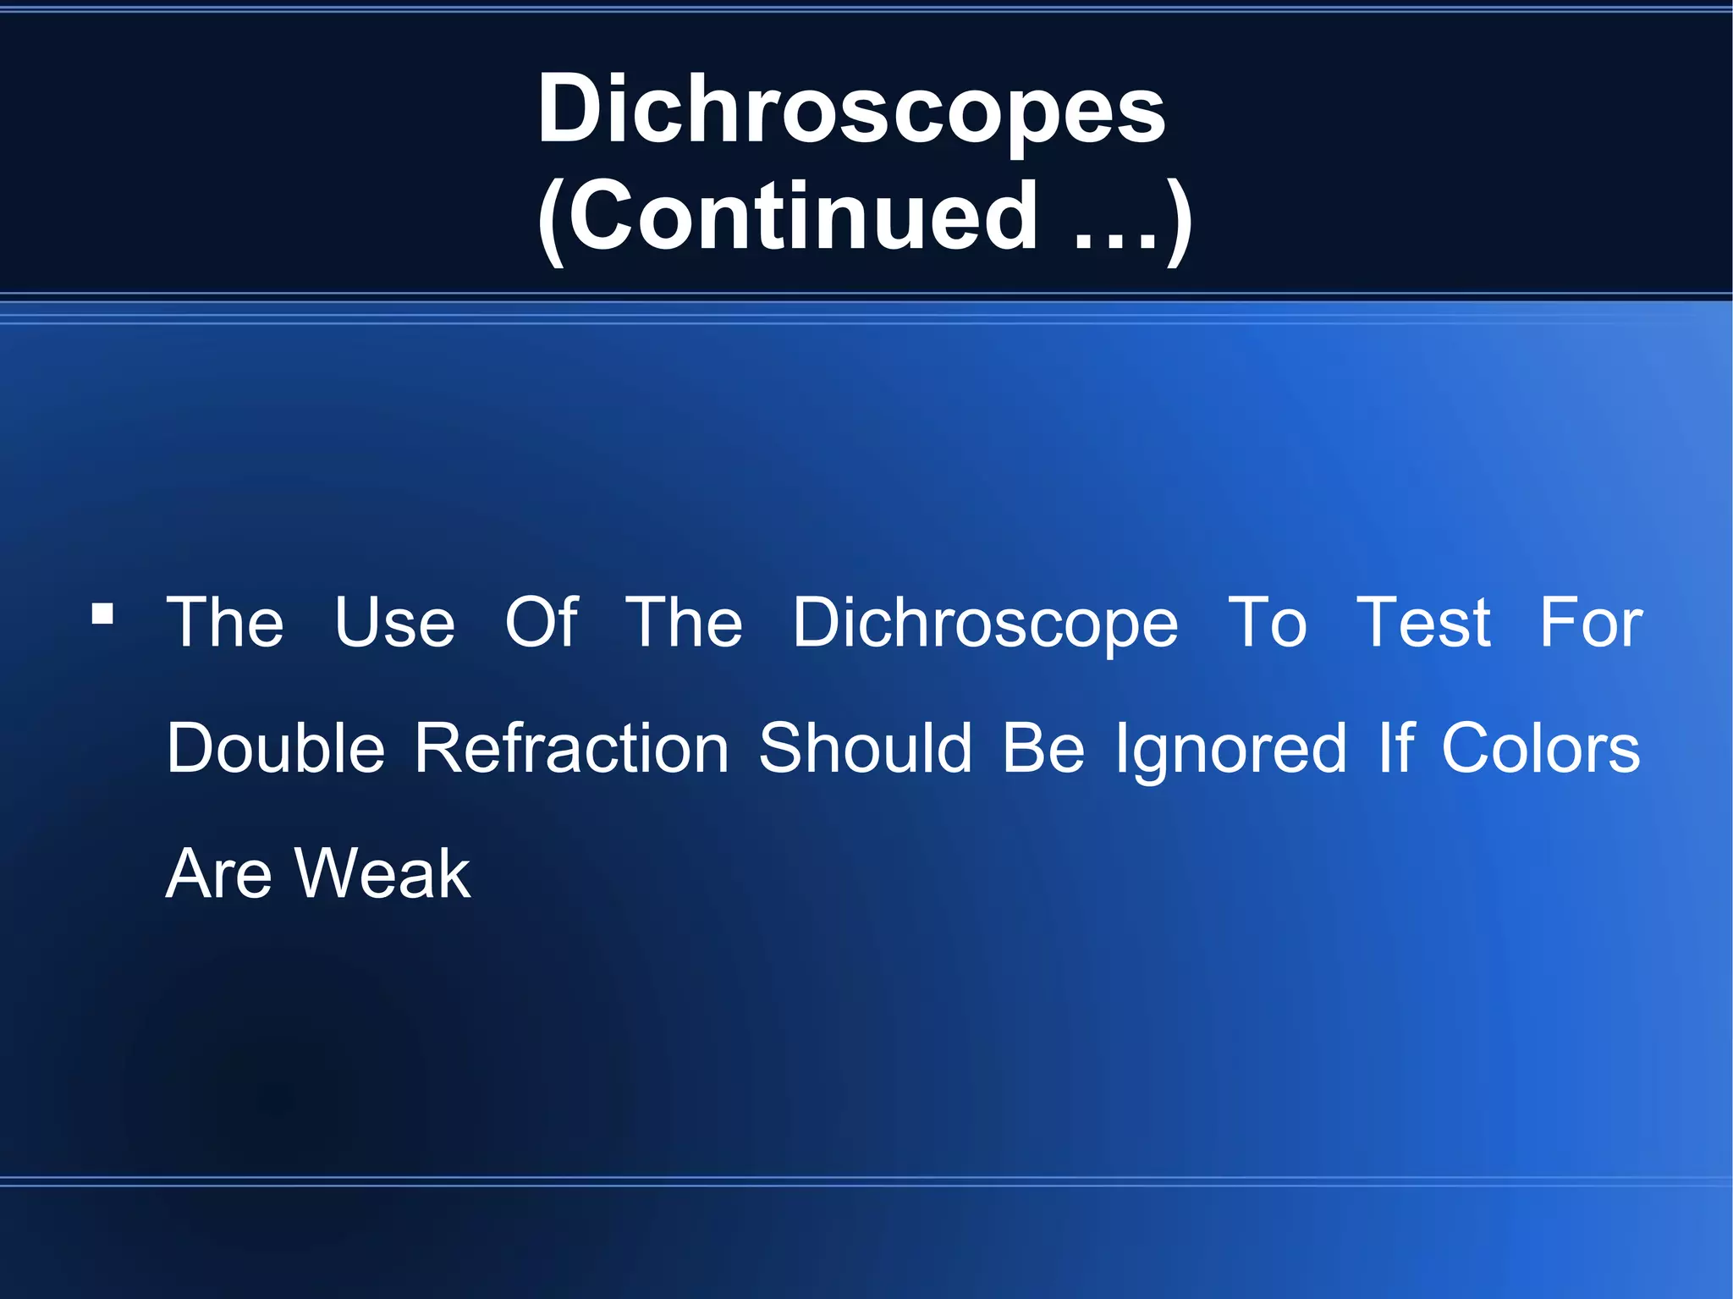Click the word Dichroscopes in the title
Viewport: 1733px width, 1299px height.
(x=851, y=109)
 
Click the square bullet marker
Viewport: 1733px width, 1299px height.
(x=102, y=613)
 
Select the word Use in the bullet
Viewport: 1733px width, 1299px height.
(x=394, y=623)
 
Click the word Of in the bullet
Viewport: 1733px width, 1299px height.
(x=542, y=623)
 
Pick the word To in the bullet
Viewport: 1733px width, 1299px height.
(x=1267, y=623)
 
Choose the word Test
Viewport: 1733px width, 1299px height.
(x=1423, y=623)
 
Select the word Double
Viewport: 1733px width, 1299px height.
(x=276, y=748)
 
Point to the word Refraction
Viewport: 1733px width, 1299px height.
(x=572, y=748)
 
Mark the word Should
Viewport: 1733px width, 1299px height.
(x=865, y=748)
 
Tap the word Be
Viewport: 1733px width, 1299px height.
(x=1043, y=748)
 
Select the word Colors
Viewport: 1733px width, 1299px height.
(x=1540, y=748)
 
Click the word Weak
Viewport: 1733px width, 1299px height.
(x=383, y=874)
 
